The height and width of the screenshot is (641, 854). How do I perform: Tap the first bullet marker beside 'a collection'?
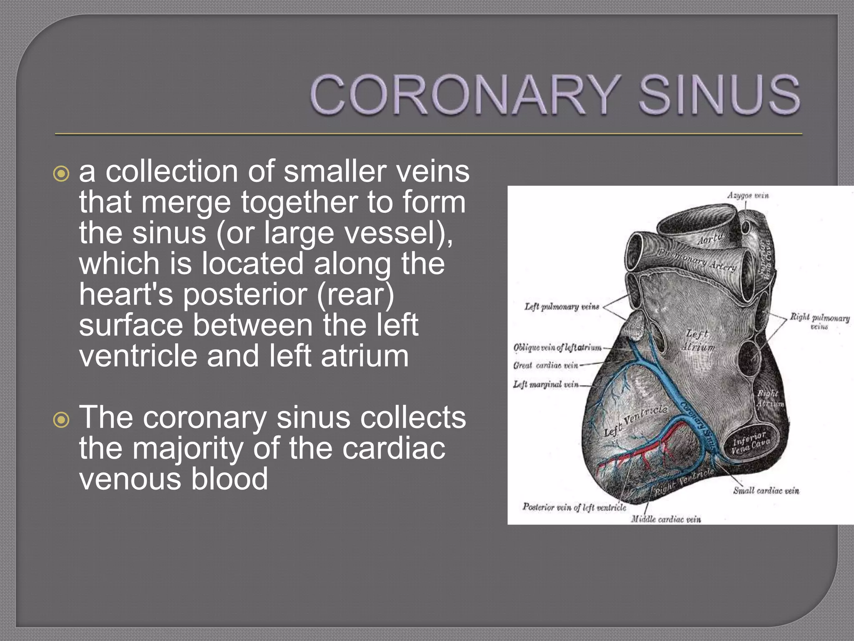[62, 174]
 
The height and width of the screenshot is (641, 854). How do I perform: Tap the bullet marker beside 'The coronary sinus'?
[62, 420]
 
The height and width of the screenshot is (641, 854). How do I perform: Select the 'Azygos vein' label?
[748, 195]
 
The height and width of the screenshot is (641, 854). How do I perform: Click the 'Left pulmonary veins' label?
[561, 307]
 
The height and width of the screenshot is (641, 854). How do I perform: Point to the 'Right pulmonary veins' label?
[819, 320]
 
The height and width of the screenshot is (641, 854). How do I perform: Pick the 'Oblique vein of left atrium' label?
[558, 347]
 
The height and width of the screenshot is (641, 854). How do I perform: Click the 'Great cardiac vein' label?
[545, 366]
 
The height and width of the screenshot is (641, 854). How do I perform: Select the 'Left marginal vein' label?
[545, 384]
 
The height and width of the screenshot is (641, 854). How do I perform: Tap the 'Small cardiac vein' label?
[766, 491]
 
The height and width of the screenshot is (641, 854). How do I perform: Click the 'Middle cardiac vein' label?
[666, 519]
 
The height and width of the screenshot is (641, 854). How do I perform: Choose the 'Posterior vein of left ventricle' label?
[574, 507]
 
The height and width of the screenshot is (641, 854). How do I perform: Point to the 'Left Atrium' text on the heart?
[698, 340]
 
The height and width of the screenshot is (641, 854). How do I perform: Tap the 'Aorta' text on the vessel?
[710, 239]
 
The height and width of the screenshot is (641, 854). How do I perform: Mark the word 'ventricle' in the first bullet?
[138, 356]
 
